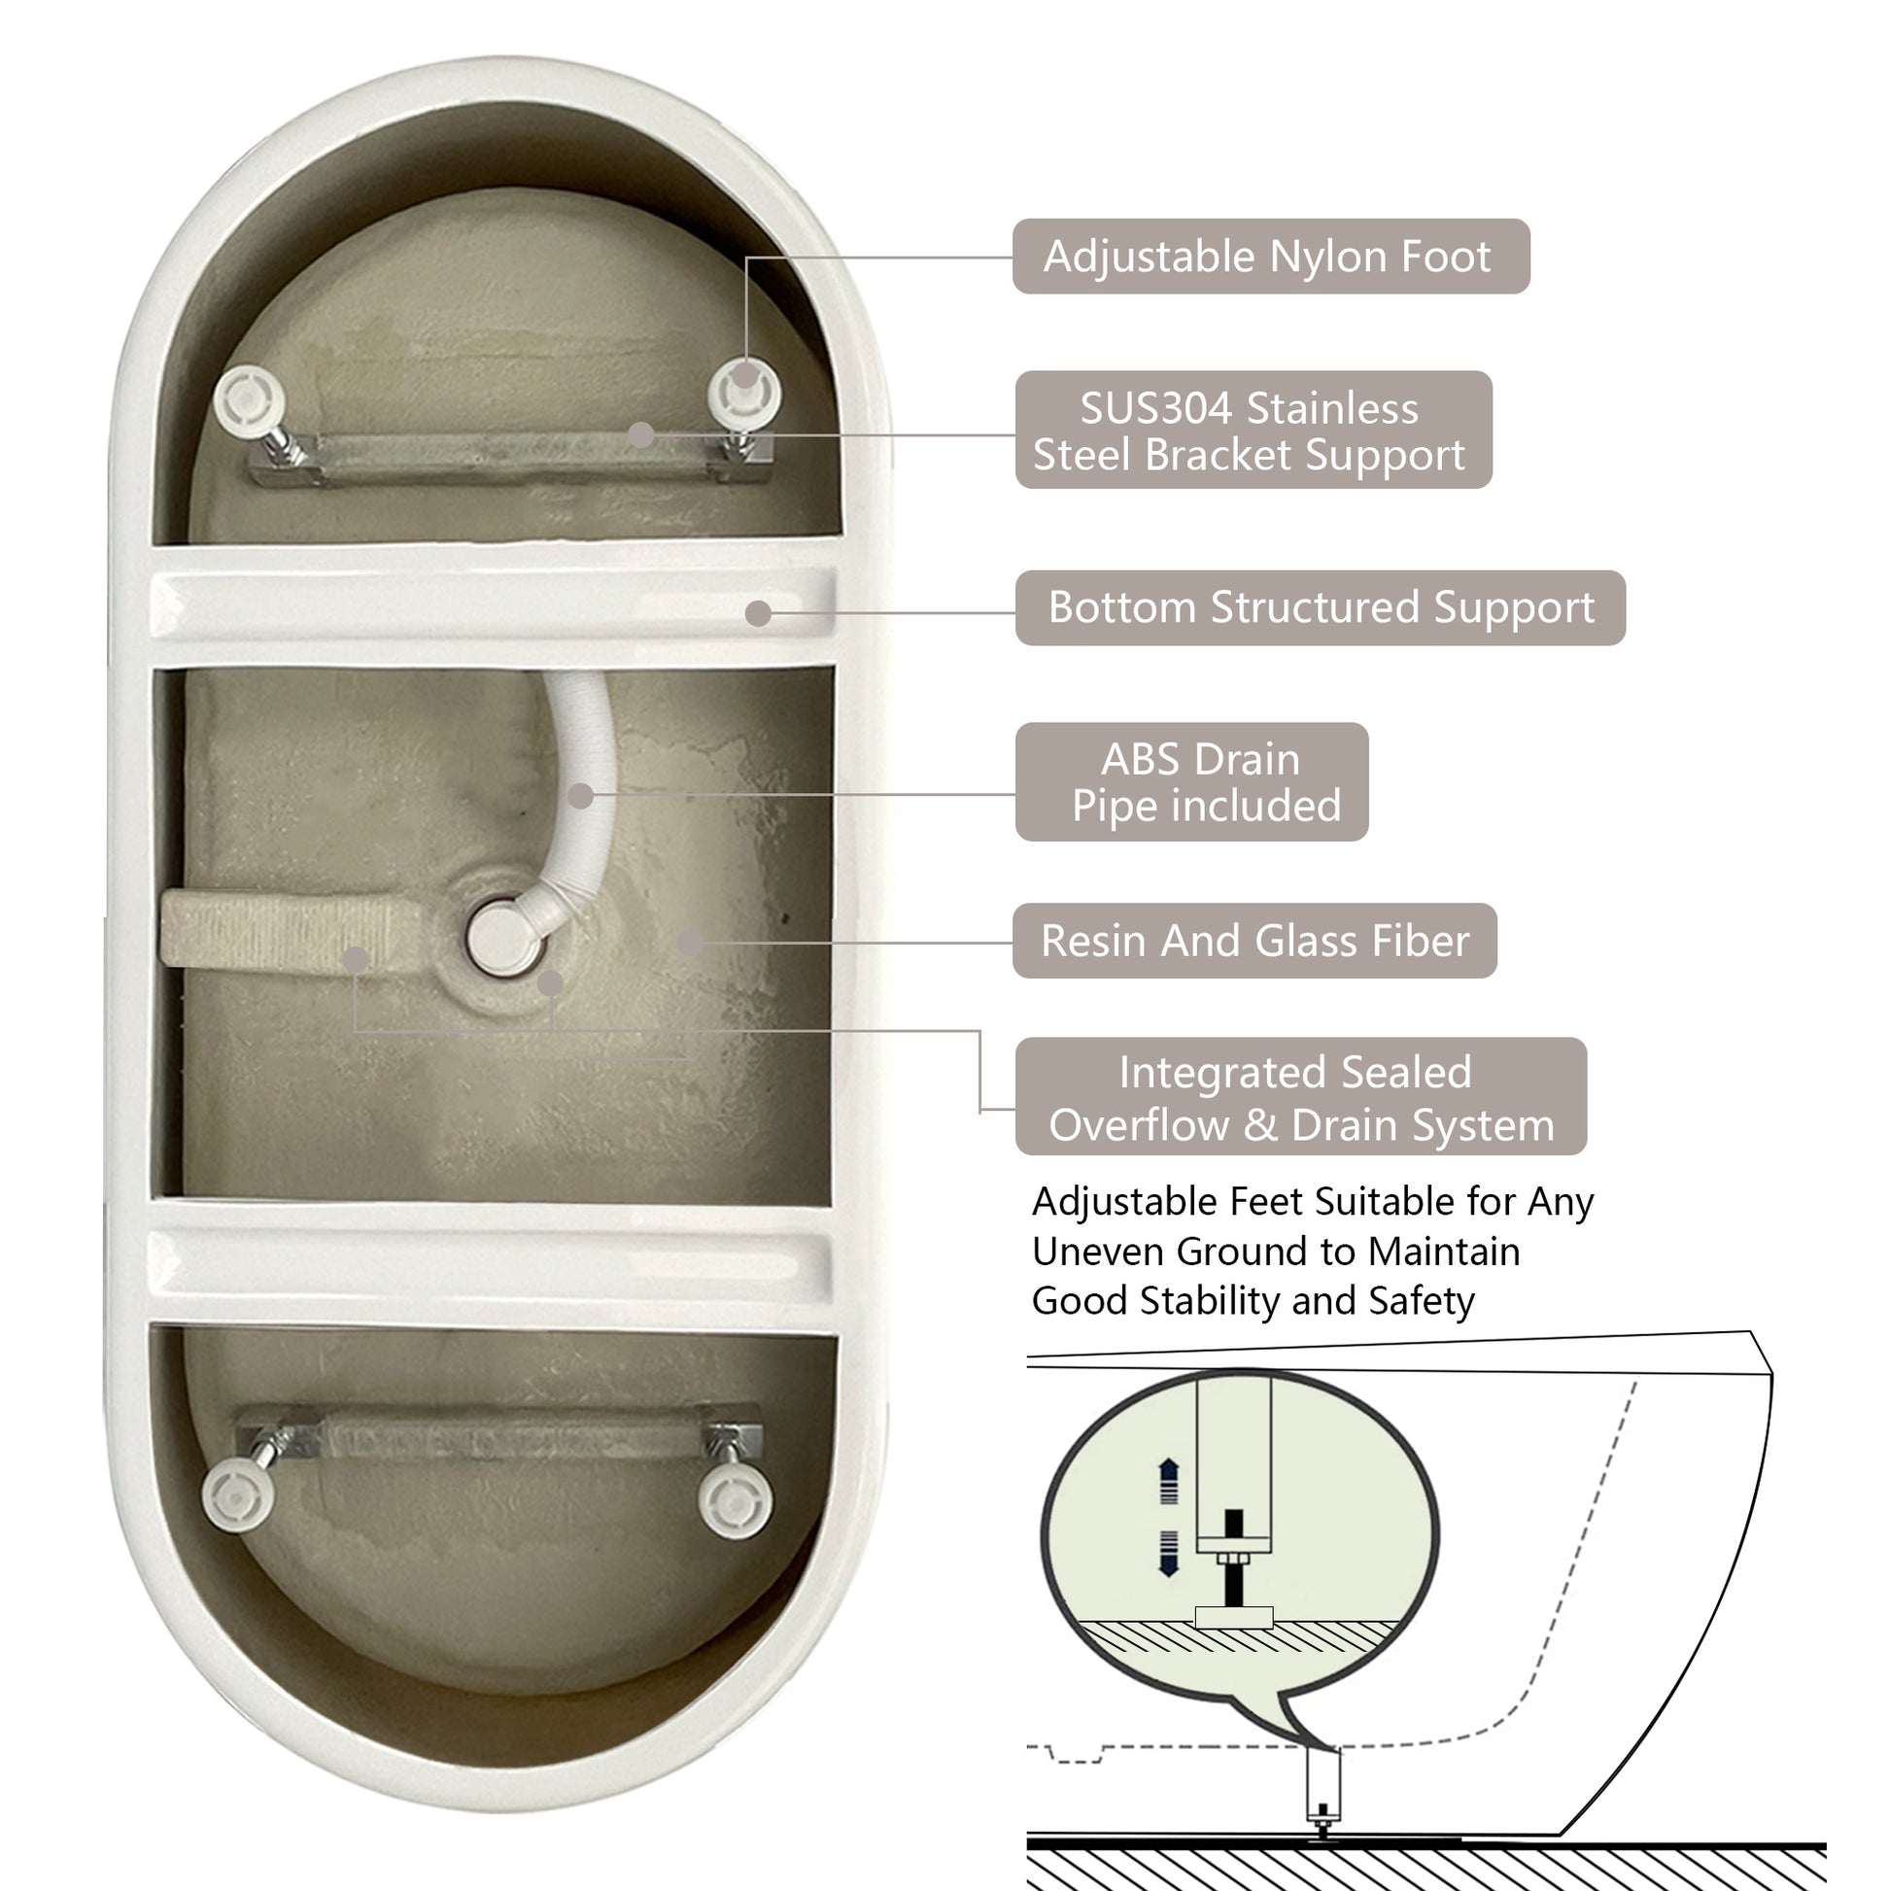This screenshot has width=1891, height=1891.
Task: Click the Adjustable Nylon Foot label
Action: (x=1269, y=257)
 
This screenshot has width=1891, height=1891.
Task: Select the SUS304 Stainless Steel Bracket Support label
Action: (x=1252, y=430)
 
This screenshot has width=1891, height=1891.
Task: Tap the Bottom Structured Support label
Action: (x=1320, y=608)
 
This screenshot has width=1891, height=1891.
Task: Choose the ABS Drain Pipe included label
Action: (x=1191, y=782)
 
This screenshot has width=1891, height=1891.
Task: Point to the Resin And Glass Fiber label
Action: (x=1254, y=941)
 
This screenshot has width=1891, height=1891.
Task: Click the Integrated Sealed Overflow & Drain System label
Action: (x=1300, y=1097)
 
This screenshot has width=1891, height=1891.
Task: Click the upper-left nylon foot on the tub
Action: (x=250, y=399)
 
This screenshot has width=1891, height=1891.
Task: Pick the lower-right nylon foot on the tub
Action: (x=734, y=1497)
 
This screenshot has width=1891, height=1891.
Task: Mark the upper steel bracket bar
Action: (x=509, y=457)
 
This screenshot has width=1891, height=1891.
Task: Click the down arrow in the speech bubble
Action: (x=1168, y=1551)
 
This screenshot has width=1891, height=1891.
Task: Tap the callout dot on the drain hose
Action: (x=580, y=796)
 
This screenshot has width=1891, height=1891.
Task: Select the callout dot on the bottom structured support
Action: (x=758, y=614)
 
